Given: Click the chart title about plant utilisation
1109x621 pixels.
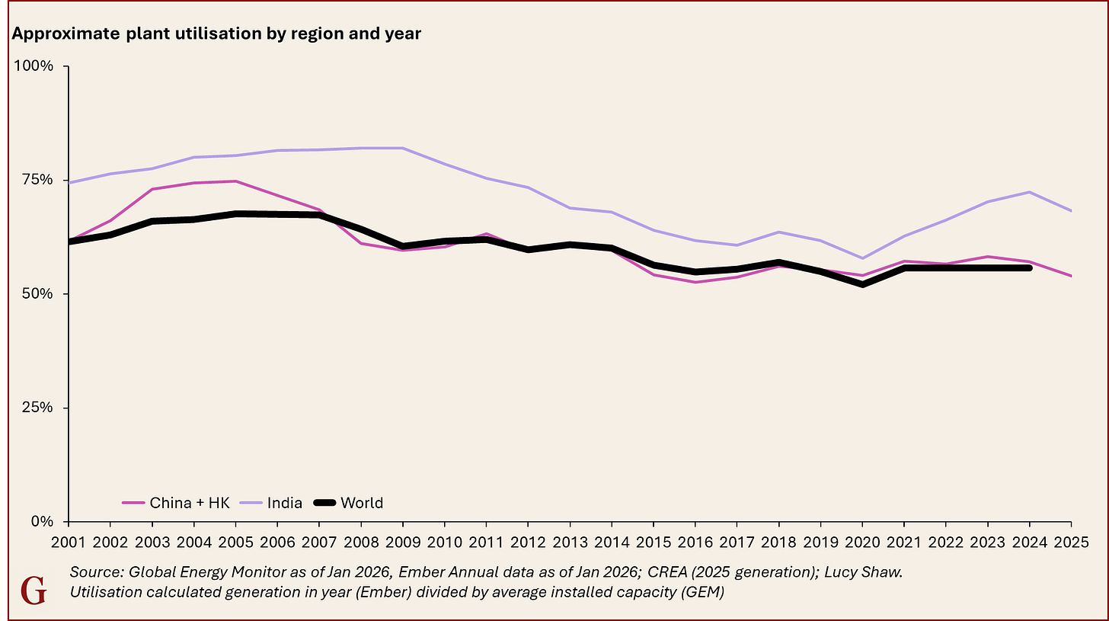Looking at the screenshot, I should coord(215,35).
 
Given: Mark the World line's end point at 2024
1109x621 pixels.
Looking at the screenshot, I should coord(1029,267).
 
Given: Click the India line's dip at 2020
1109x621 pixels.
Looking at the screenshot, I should coord(862,258).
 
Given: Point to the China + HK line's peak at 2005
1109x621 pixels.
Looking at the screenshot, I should coord(235,181).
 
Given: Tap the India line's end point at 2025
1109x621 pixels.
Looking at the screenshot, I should coord(1070,211).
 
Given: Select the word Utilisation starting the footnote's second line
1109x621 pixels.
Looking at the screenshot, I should coord(107,591).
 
